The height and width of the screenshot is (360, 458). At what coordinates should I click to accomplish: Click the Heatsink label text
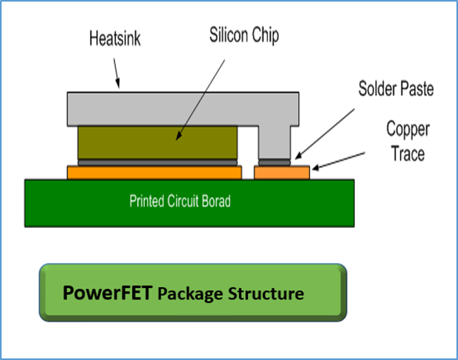(115, 38)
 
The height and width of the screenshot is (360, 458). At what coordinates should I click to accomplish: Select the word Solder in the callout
(377, 88)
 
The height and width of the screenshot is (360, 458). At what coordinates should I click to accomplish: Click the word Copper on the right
(408, 129)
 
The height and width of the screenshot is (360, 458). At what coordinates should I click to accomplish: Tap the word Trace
(408, 153)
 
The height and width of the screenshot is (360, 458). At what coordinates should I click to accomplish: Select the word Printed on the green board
(146, 201)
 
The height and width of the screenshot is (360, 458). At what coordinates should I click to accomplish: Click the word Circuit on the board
(183, 201)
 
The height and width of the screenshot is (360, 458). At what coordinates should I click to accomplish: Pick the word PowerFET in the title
(107, 293)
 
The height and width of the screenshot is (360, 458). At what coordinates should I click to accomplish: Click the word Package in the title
(191, 294)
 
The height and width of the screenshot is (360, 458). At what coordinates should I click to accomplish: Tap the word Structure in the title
(266, 293)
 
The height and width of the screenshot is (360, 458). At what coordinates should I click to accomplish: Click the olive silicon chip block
(157, 142)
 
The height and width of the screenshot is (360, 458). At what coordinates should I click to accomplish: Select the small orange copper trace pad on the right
(282, 172)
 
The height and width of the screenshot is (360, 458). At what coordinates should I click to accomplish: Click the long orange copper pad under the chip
(154, 172)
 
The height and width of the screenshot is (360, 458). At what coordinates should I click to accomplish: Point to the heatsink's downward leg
(275, 142)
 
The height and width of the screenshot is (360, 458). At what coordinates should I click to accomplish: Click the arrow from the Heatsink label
(117, 73)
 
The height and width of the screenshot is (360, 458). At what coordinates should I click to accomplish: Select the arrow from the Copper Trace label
(338, 161)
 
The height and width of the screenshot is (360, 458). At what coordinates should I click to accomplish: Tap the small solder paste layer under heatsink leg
(275, 162)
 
